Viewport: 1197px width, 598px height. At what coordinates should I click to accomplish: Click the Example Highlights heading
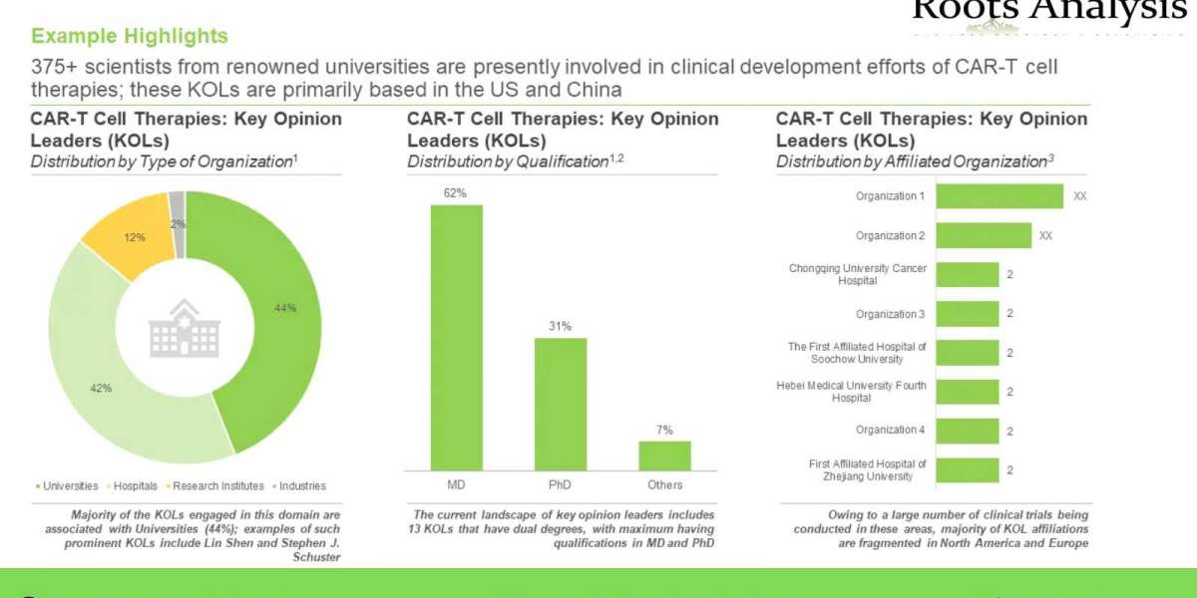coord(130,37)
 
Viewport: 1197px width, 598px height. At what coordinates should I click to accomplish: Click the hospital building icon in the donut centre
coord(185,328)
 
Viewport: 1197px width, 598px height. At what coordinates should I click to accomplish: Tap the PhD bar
coord(561,404)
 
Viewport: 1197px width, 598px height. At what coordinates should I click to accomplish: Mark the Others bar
coord(664,454)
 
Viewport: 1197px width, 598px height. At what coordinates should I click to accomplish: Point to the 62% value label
coord(455,193)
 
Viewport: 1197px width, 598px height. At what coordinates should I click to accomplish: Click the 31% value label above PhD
coord(560,326)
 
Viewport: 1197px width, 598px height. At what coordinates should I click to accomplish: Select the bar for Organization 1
coord(999,196)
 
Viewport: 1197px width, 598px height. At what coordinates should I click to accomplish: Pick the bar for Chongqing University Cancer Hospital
coord(968,274)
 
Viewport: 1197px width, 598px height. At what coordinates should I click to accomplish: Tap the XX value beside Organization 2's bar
coord(1045,236)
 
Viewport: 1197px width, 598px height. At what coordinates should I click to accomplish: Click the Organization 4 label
coord(891,431)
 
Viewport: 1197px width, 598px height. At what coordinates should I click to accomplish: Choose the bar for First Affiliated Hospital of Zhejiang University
coord(968,469)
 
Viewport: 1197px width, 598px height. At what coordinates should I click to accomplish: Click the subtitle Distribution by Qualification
coord(508,161)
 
